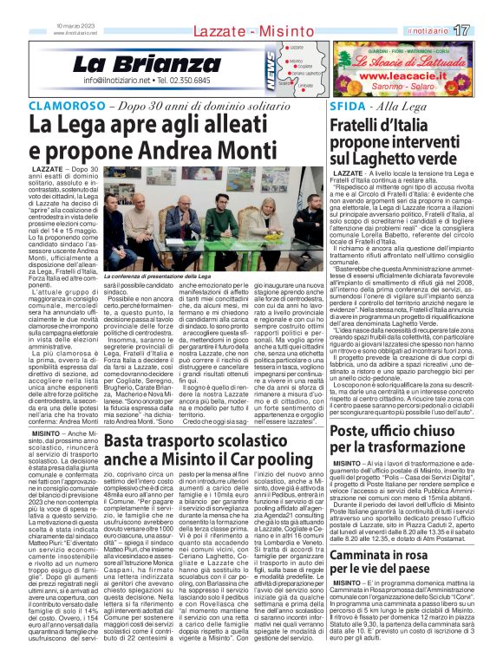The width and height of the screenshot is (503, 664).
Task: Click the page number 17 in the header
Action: coord(485,30)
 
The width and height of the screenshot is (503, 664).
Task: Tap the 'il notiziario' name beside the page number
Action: coord(448,30)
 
